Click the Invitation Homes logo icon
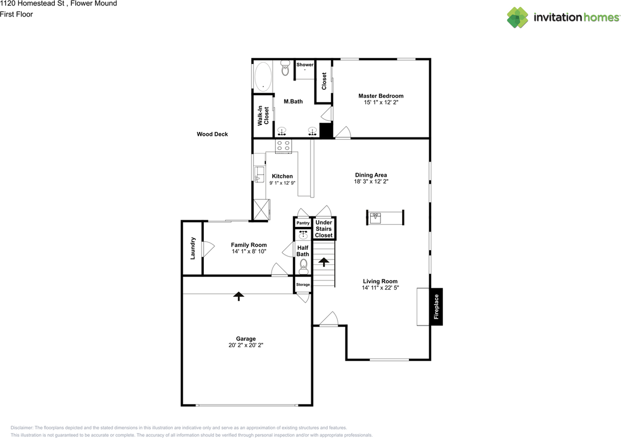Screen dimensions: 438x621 [x=518, y=17]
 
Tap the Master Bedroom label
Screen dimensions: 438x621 [x=381, y=96]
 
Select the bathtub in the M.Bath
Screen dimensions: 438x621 [x=263, y=77]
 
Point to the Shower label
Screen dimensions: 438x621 [x=305, y=65]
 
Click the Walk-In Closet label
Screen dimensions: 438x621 [x=263, y=116]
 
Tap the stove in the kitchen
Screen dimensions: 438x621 [x=283, y=146]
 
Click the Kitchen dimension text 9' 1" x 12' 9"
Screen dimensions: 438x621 [x=282, y=183]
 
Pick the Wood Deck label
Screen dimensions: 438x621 [x=212, y=134]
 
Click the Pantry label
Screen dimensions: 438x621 [x=303, y=223]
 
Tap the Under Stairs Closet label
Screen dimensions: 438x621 [x=324, y=229]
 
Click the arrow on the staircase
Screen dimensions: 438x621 [x=323, y=262]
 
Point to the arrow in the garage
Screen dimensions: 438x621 [x=238, y=295]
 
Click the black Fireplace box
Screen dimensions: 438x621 [x=436, y=307]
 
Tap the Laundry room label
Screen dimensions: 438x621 [x=193, y=248]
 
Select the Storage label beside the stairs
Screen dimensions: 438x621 [x=303, y=285]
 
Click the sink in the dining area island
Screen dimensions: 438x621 [x=376, y=218]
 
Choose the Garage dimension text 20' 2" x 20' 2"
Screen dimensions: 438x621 [x=246, y=345]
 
